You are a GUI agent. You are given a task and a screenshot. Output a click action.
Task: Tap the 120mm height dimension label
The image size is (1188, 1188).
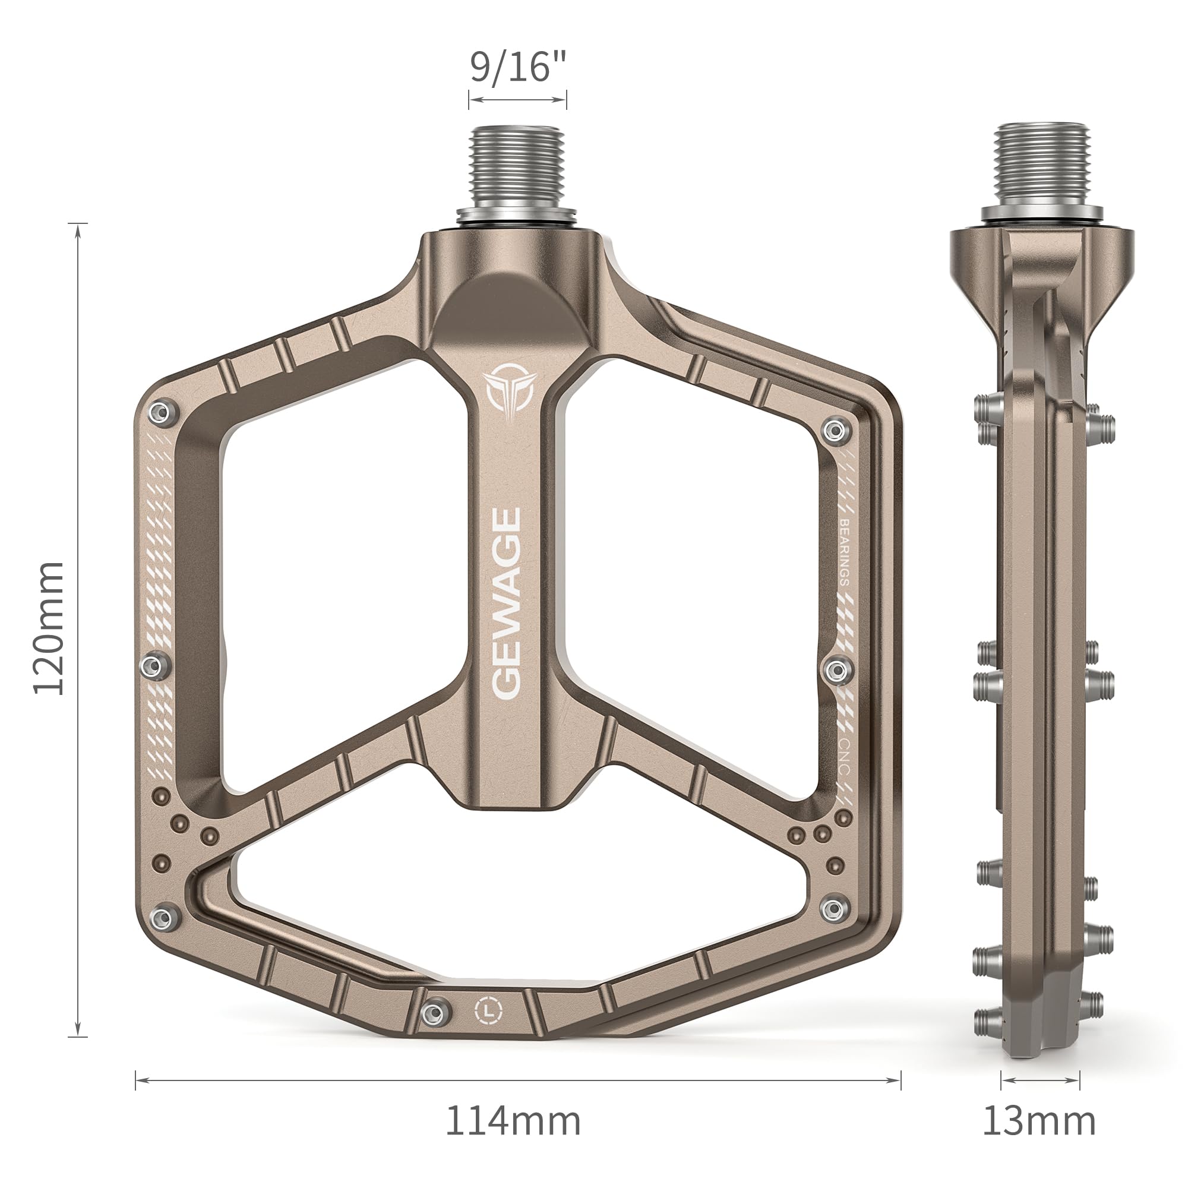point(48,628)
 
